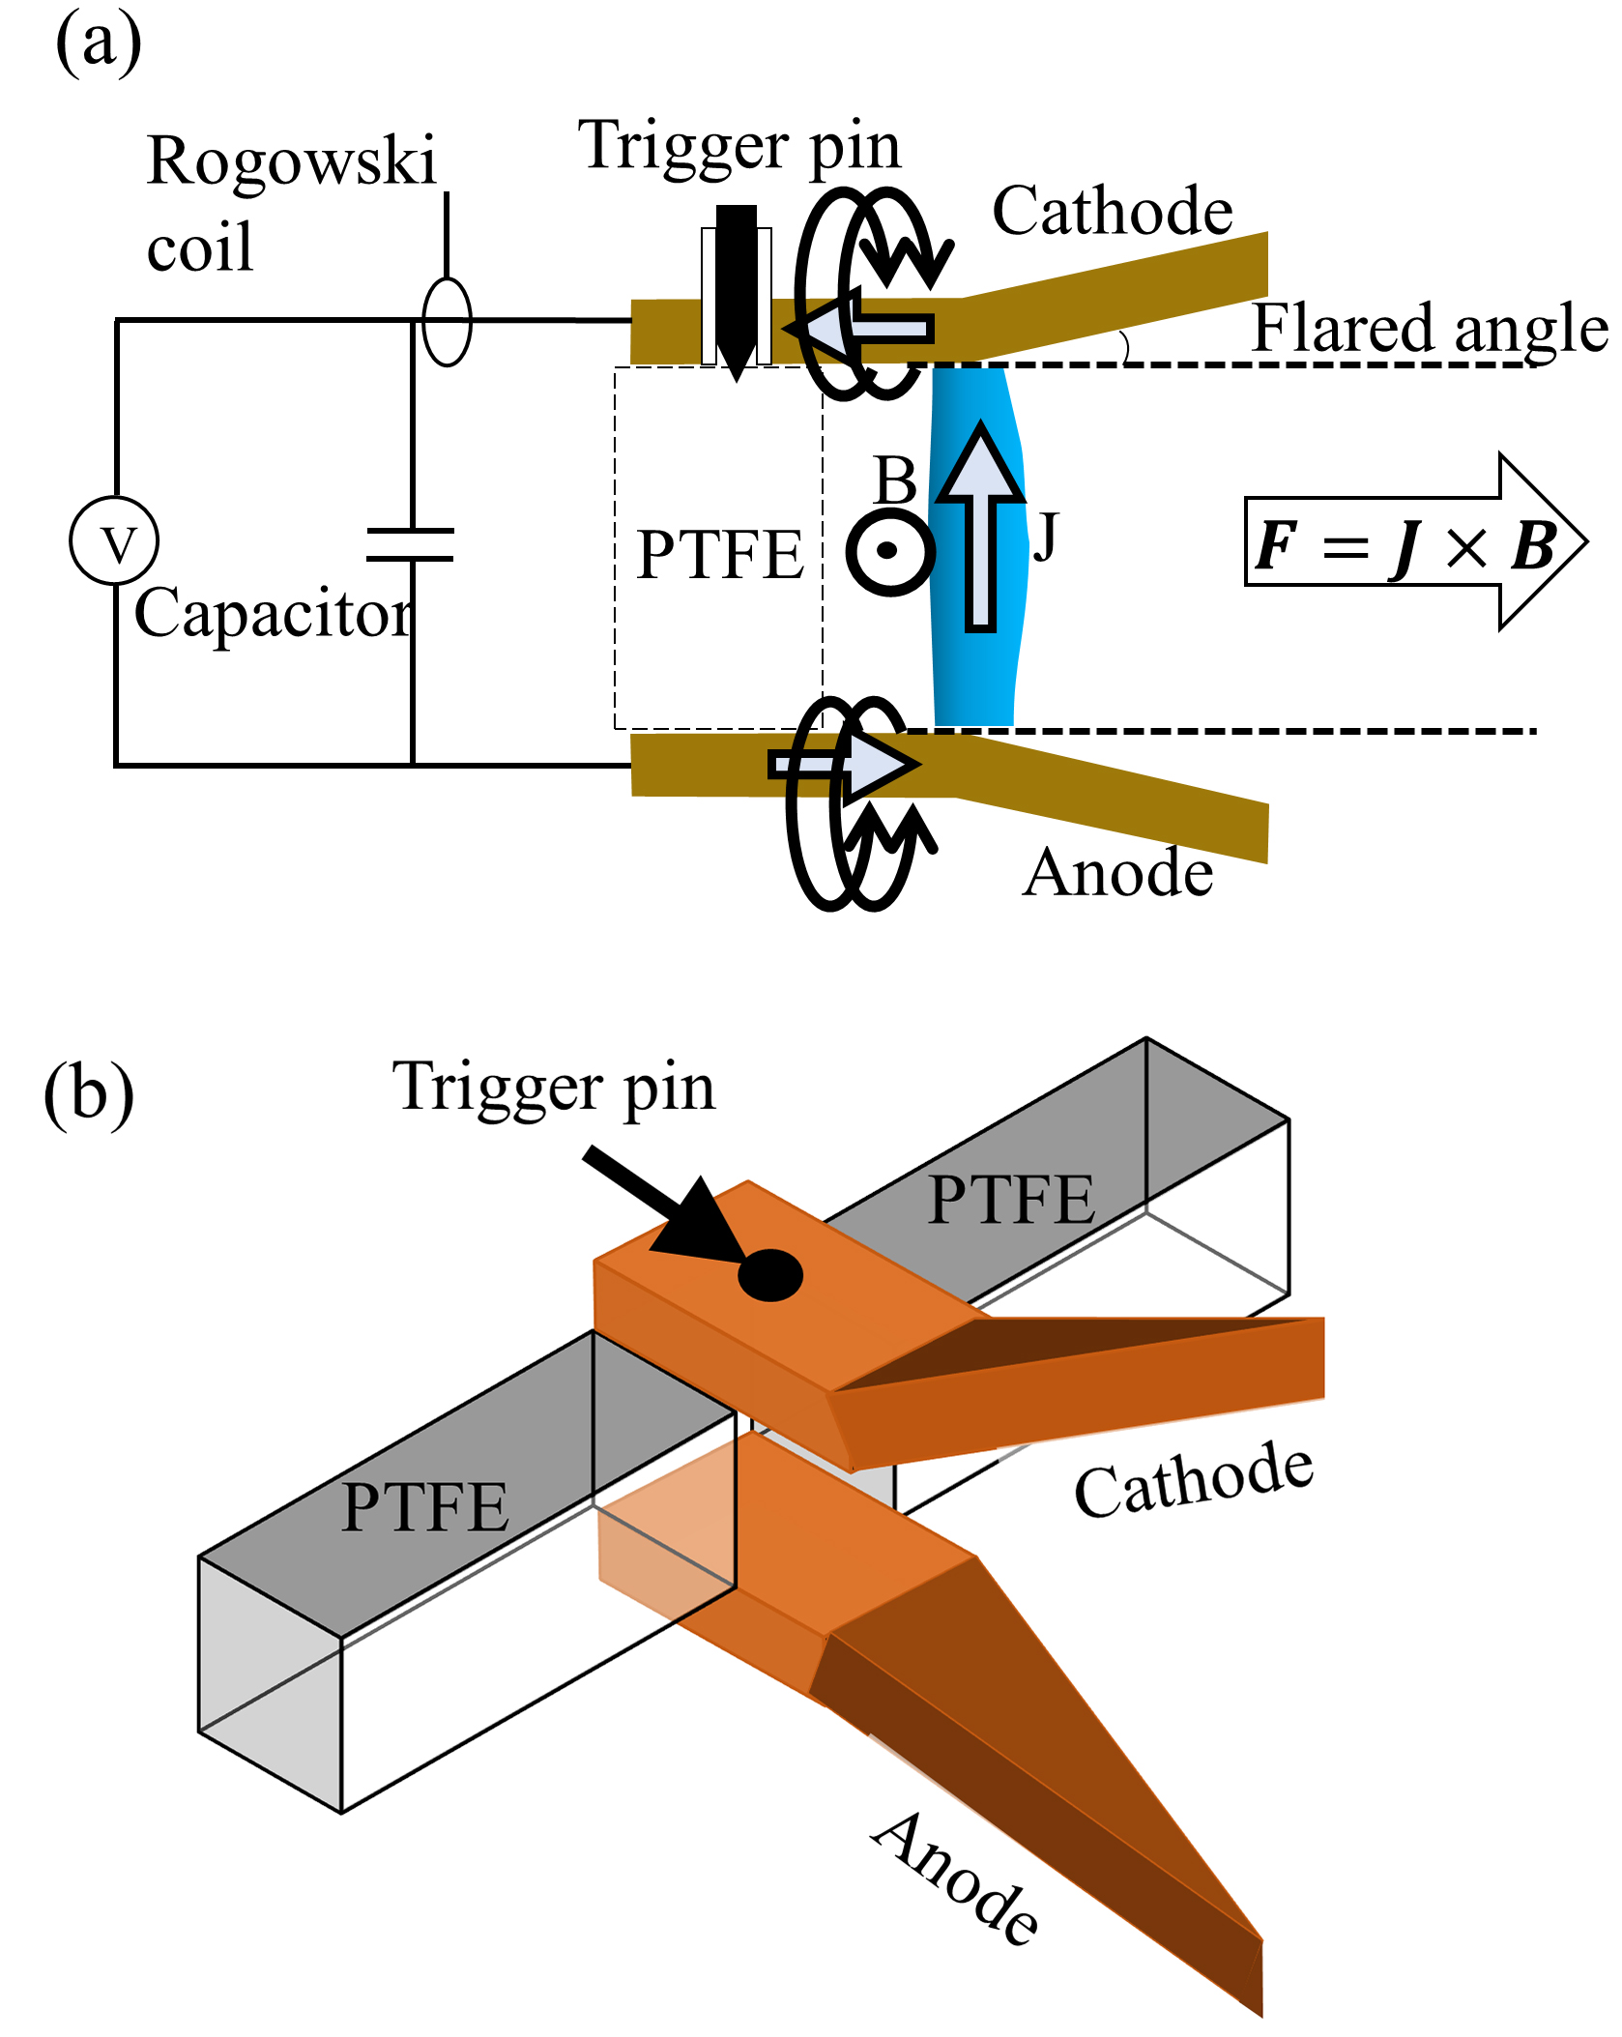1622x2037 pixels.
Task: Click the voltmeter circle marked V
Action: point(114,541)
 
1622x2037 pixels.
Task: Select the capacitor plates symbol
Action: point(411,544)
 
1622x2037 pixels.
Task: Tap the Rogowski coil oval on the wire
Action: point(447,322)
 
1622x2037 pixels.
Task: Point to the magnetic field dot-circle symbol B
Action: point(889,551)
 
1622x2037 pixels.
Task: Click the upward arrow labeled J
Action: point(980,527)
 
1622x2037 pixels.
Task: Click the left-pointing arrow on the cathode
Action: point(860,329)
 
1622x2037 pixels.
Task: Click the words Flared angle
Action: point(1429,329)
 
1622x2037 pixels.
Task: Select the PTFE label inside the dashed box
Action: point(720,555)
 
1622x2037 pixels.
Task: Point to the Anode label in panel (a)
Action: point(1117,873)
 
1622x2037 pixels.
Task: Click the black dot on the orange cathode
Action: point(770,1274)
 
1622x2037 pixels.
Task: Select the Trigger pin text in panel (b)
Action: point(553,1088)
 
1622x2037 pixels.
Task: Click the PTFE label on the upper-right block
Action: point(1011,1200)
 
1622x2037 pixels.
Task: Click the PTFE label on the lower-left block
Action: point(424,1506)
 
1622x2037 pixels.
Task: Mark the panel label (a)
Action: point(98,44)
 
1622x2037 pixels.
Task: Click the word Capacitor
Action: point(273,613)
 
